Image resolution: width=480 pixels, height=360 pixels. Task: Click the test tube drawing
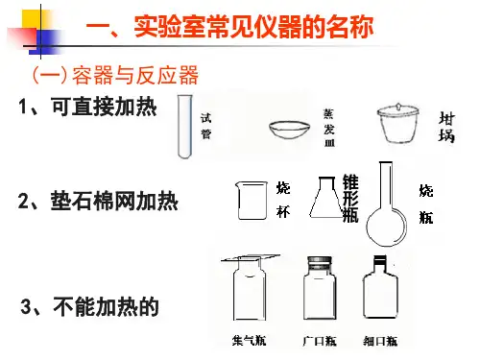click(x=185, y=127)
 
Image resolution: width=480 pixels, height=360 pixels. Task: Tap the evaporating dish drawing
click(x=290, y=130)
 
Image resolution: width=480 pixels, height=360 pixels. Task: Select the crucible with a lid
click(x=398, y=123)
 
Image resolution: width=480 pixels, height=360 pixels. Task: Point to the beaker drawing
click(x=252, y=201)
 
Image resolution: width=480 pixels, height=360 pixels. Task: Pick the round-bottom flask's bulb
click(x=387, y=227)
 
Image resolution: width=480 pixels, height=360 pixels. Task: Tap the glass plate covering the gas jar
click(x=251, y=257)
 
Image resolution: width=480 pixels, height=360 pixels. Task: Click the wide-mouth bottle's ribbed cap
click(x=320, y=263)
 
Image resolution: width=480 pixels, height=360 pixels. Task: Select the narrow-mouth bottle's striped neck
click(x=380, y=260)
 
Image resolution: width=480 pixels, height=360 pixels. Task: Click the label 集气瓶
click(x=250, y=340)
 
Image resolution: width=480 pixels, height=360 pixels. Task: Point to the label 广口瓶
click(x=320, y=341)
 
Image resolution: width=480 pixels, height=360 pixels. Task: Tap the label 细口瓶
click(x=380, y=341)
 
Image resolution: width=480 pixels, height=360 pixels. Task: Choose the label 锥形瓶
click(x=350, y=198)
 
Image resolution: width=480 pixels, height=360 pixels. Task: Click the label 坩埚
click(x=446, y=127)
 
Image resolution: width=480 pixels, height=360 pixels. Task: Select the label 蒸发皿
click(x=329, y=128)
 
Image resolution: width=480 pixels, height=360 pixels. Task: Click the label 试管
click(x=205, y=126)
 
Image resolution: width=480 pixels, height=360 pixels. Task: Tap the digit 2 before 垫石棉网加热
click(x=24, y=202)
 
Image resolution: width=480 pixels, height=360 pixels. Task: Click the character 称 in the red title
click(x=362, y=26)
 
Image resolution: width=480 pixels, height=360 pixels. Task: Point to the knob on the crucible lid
click(x=398, y=106)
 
